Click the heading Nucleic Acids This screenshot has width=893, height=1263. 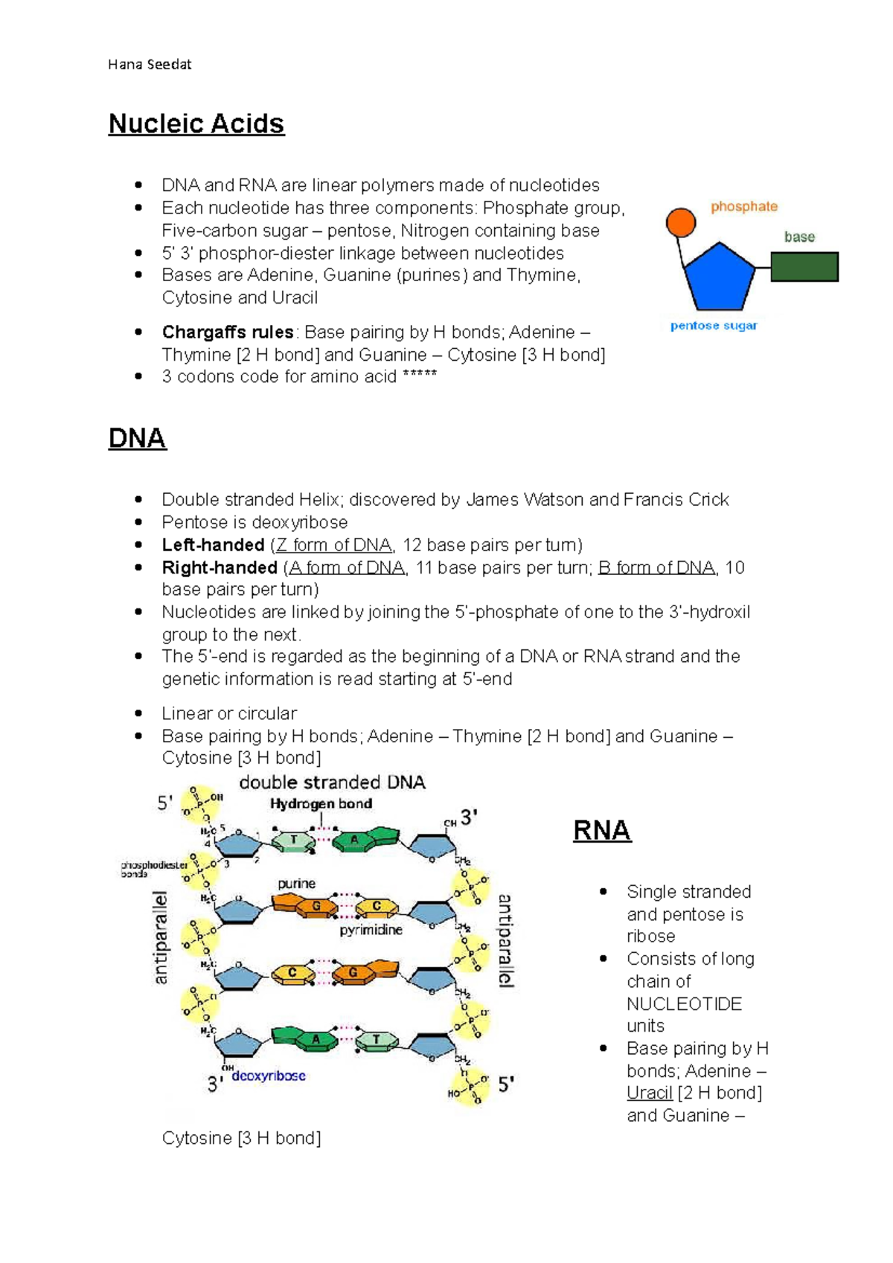[196, 123]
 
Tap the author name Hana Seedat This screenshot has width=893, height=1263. [150, 65]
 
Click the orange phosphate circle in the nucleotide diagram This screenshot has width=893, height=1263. [680, 222]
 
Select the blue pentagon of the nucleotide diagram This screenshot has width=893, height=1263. [719, 277]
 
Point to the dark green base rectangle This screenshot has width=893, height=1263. [804, 267]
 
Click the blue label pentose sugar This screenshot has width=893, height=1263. [713, 326]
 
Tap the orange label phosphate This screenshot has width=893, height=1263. [743, 207]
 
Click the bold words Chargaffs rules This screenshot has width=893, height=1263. [228, 332]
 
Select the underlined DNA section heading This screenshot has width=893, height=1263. [137, 438]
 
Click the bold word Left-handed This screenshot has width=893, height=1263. [213, 545]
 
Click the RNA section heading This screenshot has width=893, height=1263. [601, 830]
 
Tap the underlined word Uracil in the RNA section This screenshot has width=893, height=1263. [649, 1093]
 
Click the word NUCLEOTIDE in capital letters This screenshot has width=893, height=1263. [684, 1004]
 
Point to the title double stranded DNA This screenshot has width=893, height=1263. [332, 782]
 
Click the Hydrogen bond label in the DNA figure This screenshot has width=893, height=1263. [321, 804]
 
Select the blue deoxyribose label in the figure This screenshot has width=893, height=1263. [269, 1076]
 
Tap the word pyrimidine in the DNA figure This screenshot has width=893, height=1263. [371, 930]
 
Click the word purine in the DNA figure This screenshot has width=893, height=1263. [296, 884]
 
